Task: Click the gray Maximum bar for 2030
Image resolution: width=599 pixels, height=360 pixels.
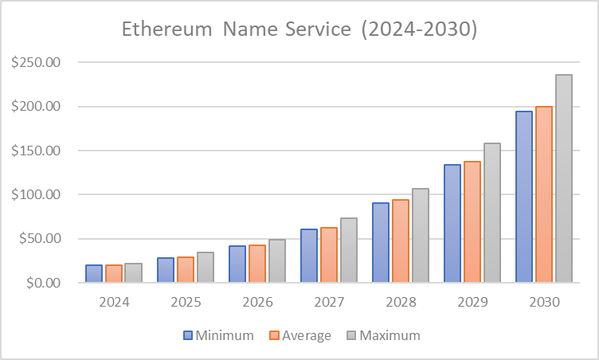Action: pos(564,178)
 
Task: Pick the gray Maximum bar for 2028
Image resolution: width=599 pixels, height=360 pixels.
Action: pos(421,235)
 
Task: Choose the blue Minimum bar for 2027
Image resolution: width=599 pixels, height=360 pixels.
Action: pos(309,255)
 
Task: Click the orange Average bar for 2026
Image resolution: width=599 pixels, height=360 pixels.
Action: pos(257,263)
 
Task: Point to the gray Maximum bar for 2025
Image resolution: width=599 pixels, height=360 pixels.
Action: pos(206,267)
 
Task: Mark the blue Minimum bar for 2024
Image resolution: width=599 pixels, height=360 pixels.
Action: pos(94,273)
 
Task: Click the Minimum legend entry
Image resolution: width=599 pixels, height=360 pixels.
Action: pos(218,335)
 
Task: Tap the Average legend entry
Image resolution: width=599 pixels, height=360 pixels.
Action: pos(299,335)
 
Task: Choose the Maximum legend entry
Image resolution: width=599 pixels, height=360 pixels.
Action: pos(382,335)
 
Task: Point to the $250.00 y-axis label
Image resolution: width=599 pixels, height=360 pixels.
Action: pos(37,63)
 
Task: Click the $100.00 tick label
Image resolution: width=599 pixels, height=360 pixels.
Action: pos(37,194)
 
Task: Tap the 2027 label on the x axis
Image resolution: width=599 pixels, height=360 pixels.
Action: pos(329,303)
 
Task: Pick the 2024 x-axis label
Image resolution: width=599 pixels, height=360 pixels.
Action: pos(114,303)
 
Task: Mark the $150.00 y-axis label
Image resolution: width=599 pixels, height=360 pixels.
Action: pos(37,151)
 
